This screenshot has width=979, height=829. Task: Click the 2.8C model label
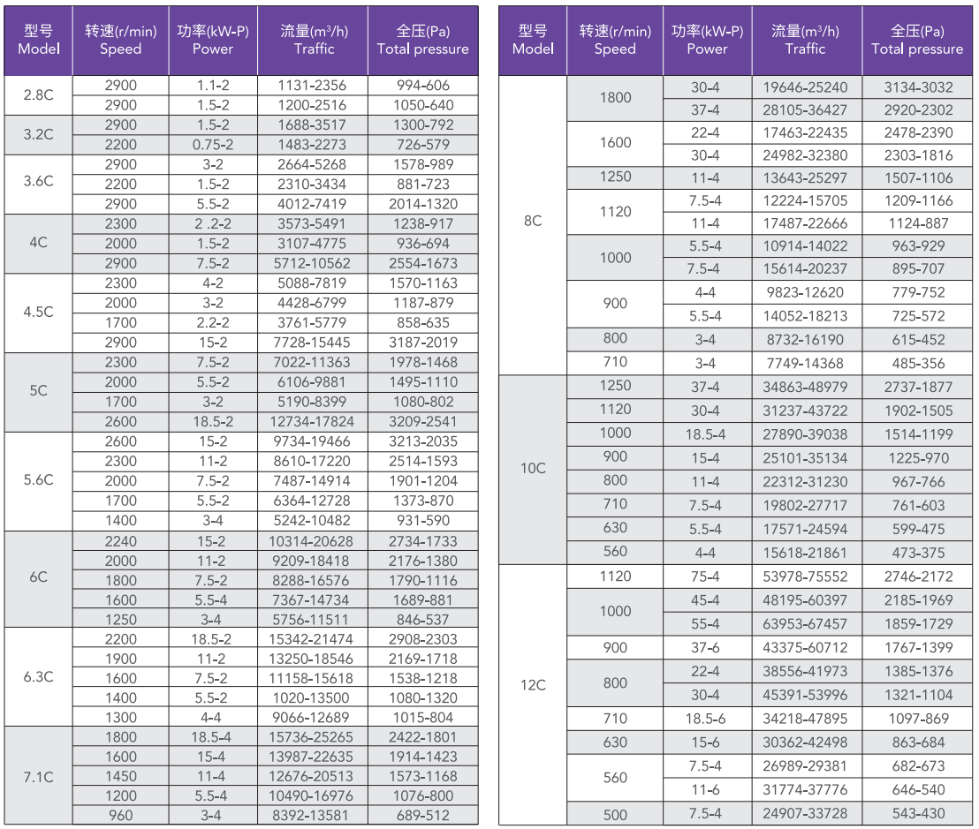[x=38, y=94]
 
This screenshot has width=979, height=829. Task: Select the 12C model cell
[x=533, y=685]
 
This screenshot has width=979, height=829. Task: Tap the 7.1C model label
[x=38, y=777]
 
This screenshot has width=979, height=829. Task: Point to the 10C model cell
[x=533, y=468]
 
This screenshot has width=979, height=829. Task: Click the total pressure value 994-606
[x=422, y=86]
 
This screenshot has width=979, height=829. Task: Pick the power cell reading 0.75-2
[x=212, y=145]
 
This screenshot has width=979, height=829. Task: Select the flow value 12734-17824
[x=312, y=422]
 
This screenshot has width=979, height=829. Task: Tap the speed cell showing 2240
[x=120, y=541]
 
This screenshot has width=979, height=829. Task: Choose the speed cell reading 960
[x=120, y=815]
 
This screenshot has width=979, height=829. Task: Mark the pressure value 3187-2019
[x=422, y=343]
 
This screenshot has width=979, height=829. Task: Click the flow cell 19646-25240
[x=805, y=87]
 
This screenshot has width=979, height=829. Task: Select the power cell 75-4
[x=705, y=577]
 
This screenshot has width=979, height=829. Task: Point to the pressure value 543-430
[x=918, y=813]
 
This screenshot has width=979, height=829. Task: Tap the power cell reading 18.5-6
[x=705, y=719]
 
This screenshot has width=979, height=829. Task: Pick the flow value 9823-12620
[x=805, y=292]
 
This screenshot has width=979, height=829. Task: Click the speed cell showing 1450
[x=120, y=777]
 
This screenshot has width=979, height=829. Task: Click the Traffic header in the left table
[x=314, y=49]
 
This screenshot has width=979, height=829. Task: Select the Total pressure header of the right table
[x=917, y=49]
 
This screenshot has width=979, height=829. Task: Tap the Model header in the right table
[x=533, y=49]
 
